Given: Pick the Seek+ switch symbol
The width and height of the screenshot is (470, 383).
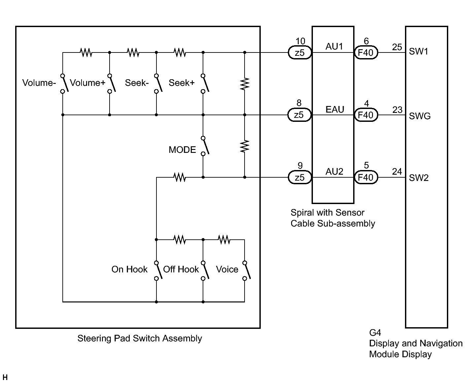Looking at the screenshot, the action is coord(205,84).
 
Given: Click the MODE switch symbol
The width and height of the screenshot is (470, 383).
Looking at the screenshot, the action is coord(205,146).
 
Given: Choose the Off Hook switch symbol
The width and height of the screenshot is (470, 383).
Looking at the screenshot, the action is coord(205,271).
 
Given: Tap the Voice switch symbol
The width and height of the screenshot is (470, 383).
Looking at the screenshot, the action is coord(247,271).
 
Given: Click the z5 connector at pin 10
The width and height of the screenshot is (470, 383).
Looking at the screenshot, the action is coord(300,52).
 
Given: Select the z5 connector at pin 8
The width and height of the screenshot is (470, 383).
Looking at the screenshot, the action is coord(299,115).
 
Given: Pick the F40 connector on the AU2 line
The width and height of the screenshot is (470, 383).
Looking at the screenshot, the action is coord(366,177).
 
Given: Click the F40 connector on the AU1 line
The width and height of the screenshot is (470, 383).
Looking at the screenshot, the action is coord(366,52).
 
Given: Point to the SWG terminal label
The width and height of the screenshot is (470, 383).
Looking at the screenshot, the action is coord(420,116).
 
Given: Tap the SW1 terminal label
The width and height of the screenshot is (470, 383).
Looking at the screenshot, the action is coord(419,52).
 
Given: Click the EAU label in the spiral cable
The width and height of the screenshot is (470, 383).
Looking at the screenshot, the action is coord(335,110).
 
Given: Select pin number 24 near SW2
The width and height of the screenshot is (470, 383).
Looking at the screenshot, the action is coord(397,171).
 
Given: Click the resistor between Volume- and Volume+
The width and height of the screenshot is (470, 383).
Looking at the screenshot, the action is coord(86,52).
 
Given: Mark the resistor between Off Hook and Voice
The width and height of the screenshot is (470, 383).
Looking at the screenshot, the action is coord(224,239).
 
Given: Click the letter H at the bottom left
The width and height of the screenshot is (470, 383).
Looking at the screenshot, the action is coord(5,377).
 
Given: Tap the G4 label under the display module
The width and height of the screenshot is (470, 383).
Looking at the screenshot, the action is coord(375,332).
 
